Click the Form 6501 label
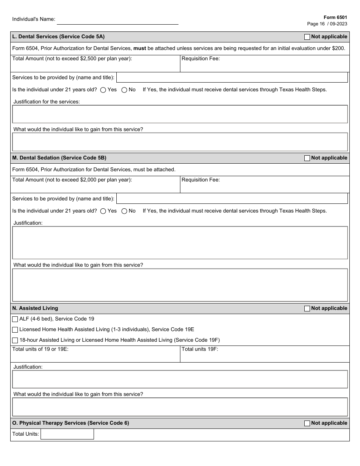coord(335,17)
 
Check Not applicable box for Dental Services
coord(307,37)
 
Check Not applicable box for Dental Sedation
coord(307,158)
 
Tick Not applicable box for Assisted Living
coord(307,309)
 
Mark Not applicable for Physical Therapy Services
coord(307,424)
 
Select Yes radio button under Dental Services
coord(103,90)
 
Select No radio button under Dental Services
coord(124,90)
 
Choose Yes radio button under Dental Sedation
coord(103,211)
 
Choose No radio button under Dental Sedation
coord(124,211)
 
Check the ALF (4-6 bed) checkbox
coord(15,319)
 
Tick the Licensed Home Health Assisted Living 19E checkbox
coord(15,330)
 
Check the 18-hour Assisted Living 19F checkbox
coord(15,341)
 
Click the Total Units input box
coord(67,434)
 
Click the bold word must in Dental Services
coord(139,48)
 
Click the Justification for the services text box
coord(180,114)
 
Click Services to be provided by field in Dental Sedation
coord(232,199)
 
